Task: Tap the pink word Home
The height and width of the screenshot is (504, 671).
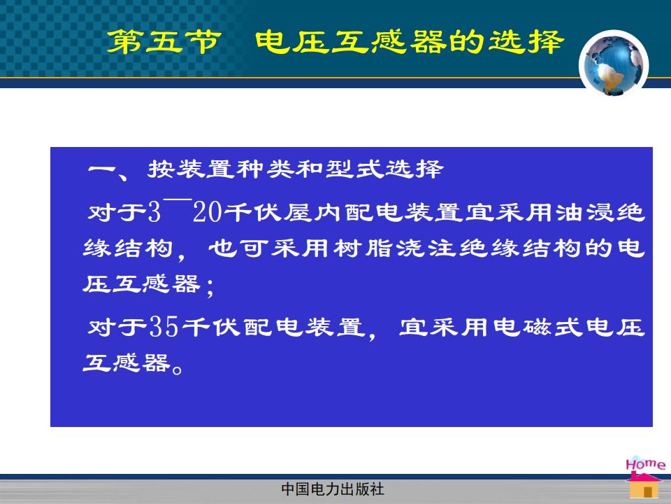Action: coord(645,465)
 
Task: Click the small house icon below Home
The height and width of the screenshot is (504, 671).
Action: coord(644,486)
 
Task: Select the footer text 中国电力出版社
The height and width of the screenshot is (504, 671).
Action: coord(333,489)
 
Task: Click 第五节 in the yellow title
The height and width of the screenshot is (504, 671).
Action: coord(164,41)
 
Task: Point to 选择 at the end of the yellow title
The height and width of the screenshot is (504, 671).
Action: coord(526,41)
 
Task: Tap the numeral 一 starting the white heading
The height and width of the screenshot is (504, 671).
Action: coord(102,169)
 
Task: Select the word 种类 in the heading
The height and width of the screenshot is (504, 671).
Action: coord(266,169)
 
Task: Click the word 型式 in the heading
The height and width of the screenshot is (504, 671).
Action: coord(354,169)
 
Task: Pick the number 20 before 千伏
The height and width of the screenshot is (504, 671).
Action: coord(208,212)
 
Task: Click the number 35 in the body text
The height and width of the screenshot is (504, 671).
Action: coord(163,327)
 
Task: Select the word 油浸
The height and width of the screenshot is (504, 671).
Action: coord(586,213)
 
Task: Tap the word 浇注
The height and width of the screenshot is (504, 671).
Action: coord(426,248)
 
